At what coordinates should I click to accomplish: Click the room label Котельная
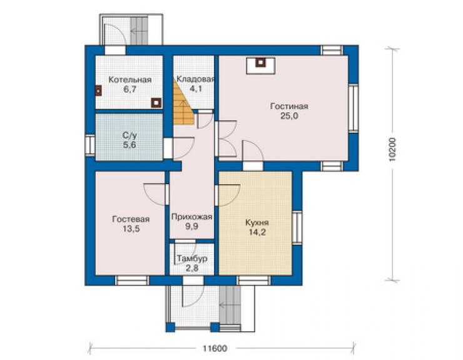(130, 80)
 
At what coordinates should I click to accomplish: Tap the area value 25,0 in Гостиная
(289, 116)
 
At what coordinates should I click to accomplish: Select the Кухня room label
(257, 222)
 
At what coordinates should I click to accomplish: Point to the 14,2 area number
(257, 232)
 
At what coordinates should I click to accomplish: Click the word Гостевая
(131, 219)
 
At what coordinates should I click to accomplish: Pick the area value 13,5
(131, 229)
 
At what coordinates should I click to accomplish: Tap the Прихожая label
(191, 217)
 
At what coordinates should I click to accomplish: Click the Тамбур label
(192, 259)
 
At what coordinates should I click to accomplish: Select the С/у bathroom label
(130, 136)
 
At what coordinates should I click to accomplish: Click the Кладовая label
(195, 79)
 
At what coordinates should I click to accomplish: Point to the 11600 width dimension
(215, 349)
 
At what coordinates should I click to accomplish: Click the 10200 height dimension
(392, 150)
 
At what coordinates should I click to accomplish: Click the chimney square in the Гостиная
(261, 62)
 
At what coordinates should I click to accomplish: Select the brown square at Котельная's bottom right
(156, 103)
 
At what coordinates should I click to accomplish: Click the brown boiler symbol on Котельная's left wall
(98, 91)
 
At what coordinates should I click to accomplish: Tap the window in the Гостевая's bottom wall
(132, 280)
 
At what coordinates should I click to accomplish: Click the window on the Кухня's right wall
(297, 227)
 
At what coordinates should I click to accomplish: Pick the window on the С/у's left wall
(90, 145)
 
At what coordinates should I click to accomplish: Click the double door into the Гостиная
(226, 138)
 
